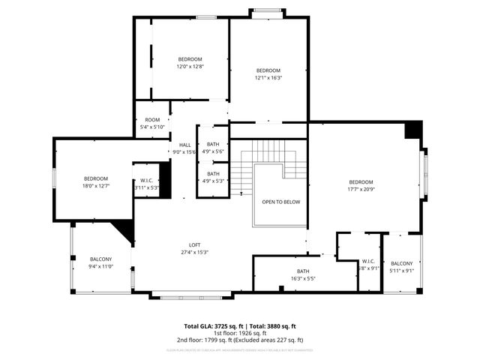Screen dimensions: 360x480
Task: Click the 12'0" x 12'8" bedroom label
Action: click(x=190, y=62)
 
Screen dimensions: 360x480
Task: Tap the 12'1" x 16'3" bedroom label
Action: click(x=268, y=73)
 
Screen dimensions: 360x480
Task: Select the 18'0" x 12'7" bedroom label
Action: click(x=96, y=181)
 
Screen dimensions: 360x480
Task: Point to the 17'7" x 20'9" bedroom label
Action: click(x=361, y=185)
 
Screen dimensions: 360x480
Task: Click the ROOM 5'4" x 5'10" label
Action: click(x=152, y=123)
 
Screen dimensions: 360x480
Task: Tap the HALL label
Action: click(x=184, y=148)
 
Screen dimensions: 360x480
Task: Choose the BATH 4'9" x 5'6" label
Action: click(x=213, y=148)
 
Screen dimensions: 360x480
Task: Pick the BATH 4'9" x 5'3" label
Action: click(x=213, y=177)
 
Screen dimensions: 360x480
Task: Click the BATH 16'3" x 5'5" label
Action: click(x=303, y=274)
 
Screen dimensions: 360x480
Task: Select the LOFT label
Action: click(x=194, y=248)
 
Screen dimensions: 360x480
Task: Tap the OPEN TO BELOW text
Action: click(x=280, y=202)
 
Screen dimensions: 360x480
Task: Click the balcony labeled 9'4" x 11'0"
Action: click(x=100, y=262)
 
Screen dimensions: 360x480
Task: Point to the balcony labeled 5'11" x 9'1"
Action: click(x=401, y=267)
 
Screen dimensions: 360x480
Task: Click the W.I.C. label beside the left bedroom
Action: click(x=146, y=184)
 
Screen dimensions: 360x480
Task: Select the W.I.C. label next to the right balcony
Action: click(x=368, y=265)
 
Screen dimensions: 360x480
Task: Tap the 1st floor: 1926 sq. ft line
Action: click(x=240, y=334)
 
